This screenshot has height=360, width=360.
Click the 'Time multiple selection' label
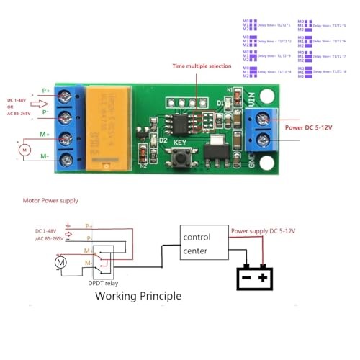(202, 66)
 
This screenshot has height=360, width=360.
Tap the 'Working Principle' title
(138, 296)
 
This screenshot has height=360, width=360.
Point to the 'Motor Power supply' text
(50, 200)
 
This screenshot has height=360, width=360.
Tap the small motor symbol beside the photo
(23, 150)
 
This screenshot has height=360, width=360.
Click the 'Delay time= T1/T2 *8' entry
(331, 72)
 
